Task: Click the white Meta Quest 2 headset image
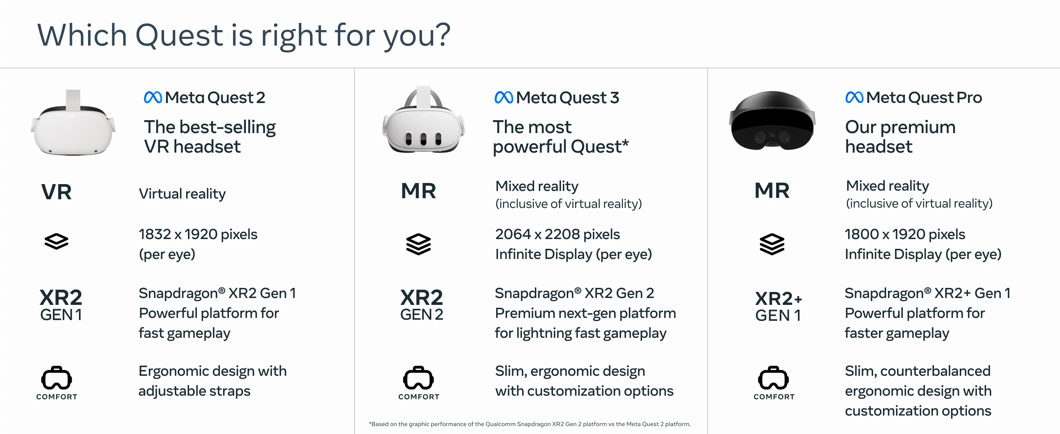(x=73, y=123)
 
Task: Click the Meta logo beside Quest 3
(x=504, y=97)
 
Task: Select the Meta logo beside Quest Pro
(x=854, y=97)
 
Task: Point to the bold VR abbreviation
(x=56, y=192)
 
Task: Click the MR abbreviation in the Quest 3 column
(x=419, y=191)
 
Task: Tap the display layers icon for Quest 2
(x=56, y=241)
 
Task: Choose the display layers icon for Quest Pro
(x=772, y=244)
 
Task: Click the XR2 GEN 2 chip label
(x=422, y=305)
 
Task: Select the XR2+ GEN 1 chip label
(x=779, y=307)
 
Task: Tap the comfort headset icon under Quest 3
(x=419, y=378)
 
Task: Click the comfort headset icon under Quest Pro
(x=774, y=378)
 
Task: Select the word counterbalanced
(x=935, y=371)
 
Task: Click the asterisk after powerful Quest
(x=625, y=142)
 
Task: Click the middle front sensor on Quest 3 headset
(x=423, y=139)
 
